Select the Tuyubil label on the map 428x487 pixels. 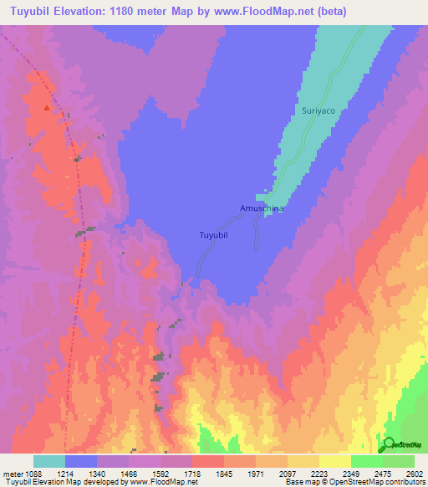[213, 235]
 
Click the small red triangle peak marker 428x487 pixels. [59, 108]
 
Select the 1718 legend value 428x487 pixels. [192, 474]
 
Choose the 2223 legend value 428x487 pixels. [318, 474]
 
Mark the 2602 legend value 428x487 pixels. [413, 474]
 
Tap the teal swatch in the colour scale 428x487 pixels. [49, 461]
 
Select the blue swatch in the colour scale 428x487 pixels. [81, 461]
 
